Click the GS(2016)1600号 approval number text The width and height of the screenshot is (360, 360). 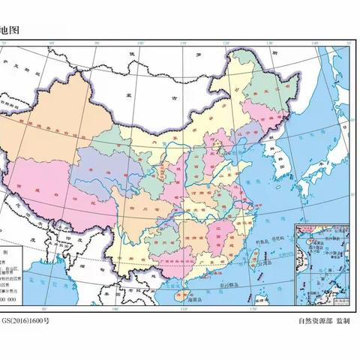coord(27,321)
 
